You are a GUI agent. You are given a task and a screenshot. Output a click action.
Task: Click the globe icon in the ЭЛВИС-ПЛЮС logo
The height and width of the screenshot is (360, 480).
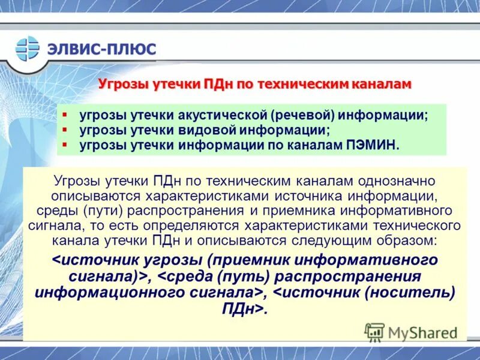point(27,49)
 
